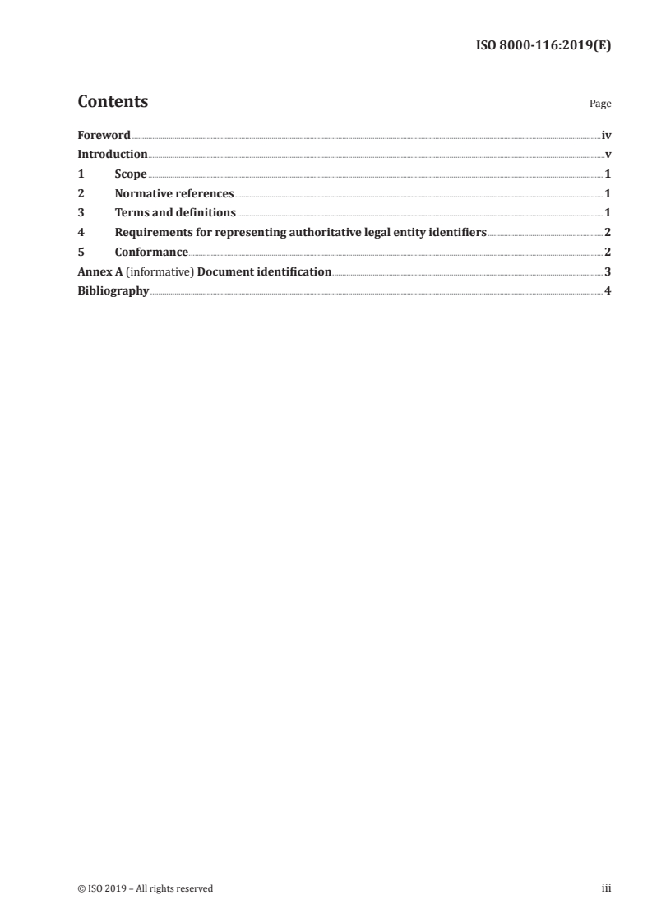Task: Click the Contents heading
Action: [113, 102]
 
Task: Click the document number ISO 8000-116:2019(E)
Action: [543, 46]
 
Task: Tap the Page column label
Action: [600, 104]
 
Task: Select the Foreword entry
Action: [104, 135]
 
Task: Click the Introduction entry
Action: [113, 155]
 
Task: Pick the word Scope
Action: [131, 174]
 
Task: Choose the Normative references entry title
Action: [174, 194]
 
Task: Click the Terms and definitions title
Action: [175, 213]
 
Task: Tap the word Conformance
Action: [151, 253]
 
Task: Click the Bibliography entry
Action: [113, 291]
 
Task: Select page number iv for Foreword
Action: [606, 135]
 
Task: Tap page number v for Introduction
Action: [608, 155]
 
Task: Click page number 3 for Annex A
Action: [607, 271]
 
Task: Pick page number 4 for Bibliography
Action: [607, 291]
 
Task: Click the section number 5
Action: [81, 253]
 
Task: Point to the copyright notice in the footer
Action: [145, 888]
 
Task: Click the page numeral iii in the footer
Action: [606, 888]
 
